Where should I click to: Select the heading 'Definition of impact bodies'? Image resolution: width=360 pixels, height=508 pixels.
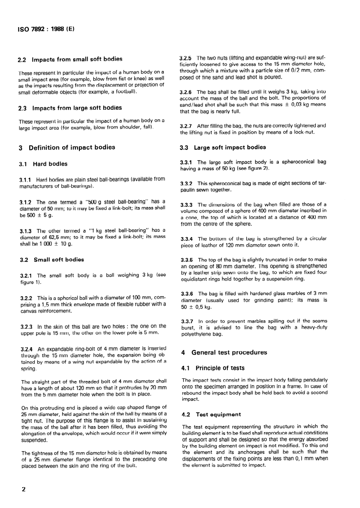tap(71, 147)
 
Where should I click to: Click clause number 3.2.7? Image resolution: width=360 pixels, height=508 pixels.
tap(187, 126)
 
